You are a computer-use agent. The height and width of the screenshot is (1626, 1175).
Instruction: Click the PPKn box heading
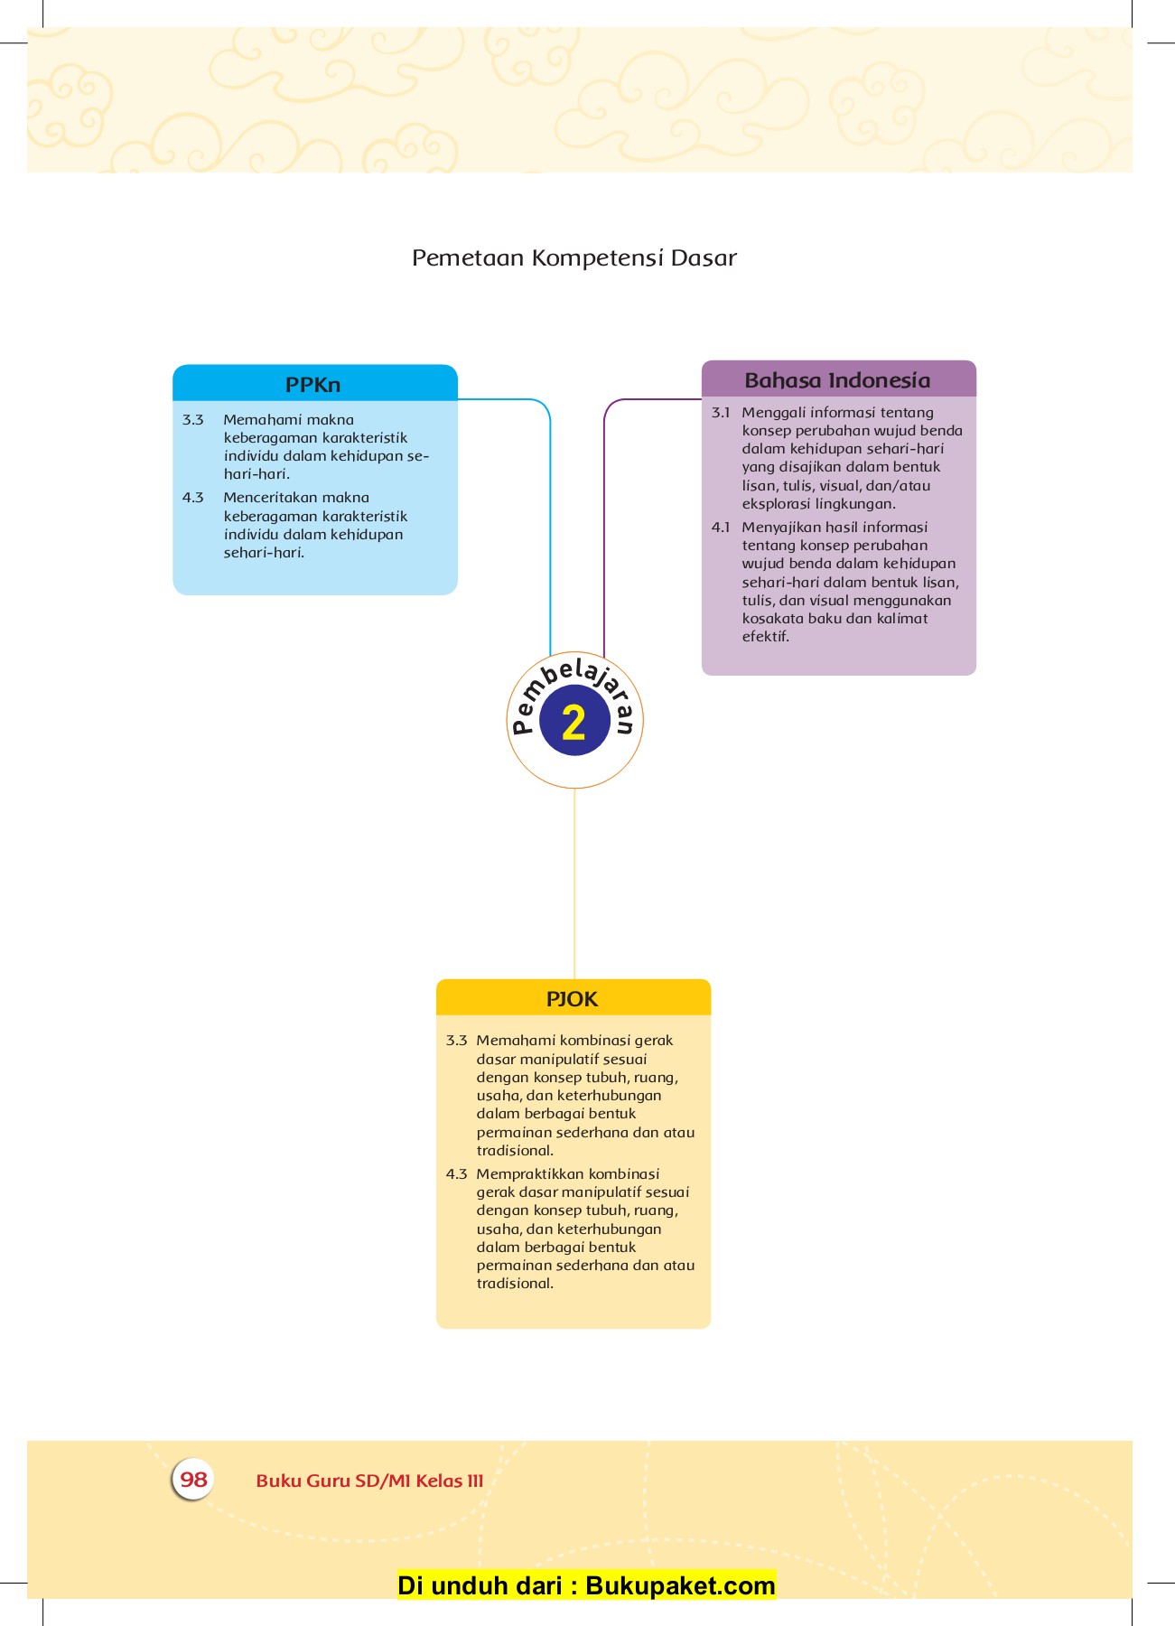coord(312,385)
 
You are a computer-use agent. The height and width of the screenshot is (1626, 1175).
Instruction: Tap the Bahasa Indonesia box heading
coord(837,380)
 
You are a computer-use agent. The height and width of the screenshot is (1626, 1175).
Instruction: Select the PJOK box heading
coord(573,999)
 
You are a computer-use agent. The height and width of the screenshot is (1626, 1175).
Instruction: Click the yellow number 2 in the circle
coord(574,723)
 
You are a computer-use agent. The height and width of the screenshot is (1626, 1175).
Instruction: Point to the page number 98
coord(193,1480)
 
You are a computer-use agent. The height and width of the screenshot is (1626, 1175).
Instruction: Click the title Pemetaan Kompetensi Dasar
coord(574,258)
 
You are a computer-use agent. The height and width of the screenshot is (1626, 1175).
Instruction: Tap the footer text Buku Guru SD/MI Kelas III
coord(369,1481)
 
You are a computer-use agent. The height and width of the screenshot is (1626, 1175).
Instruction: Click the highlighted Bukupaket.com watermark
coord(586,1585)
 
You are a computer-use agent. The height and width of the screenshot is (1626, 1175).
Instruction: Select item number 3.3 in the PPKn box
coord(193,420)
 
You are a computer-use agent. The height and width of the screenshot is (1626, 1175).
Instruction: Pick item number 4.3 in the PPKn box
coord(193,498)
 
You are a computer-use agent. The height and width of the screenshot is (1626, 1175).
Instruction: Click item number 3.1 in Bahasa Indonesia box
coord(721,413)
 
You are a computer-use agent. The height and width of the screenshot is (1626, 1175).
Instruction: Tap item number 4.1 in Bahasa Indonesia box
coord(721,528)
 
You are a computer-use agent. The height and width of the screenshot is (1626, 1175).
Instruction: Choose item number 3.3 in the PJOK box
coord(456,1041)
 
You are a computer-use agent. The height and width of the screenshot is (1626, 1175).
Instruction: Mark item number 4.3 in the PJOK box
coord(456,1174)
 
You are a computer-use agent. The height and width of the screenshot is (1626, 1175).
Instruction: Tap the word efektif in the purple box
coord(766,637)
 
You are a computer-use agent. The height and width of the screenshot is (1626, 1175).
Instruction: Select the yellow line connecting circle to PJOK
coord(574,885)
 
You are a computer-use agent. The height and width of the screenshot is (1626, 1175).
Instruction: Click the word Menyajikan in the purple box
coord(779,528)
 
